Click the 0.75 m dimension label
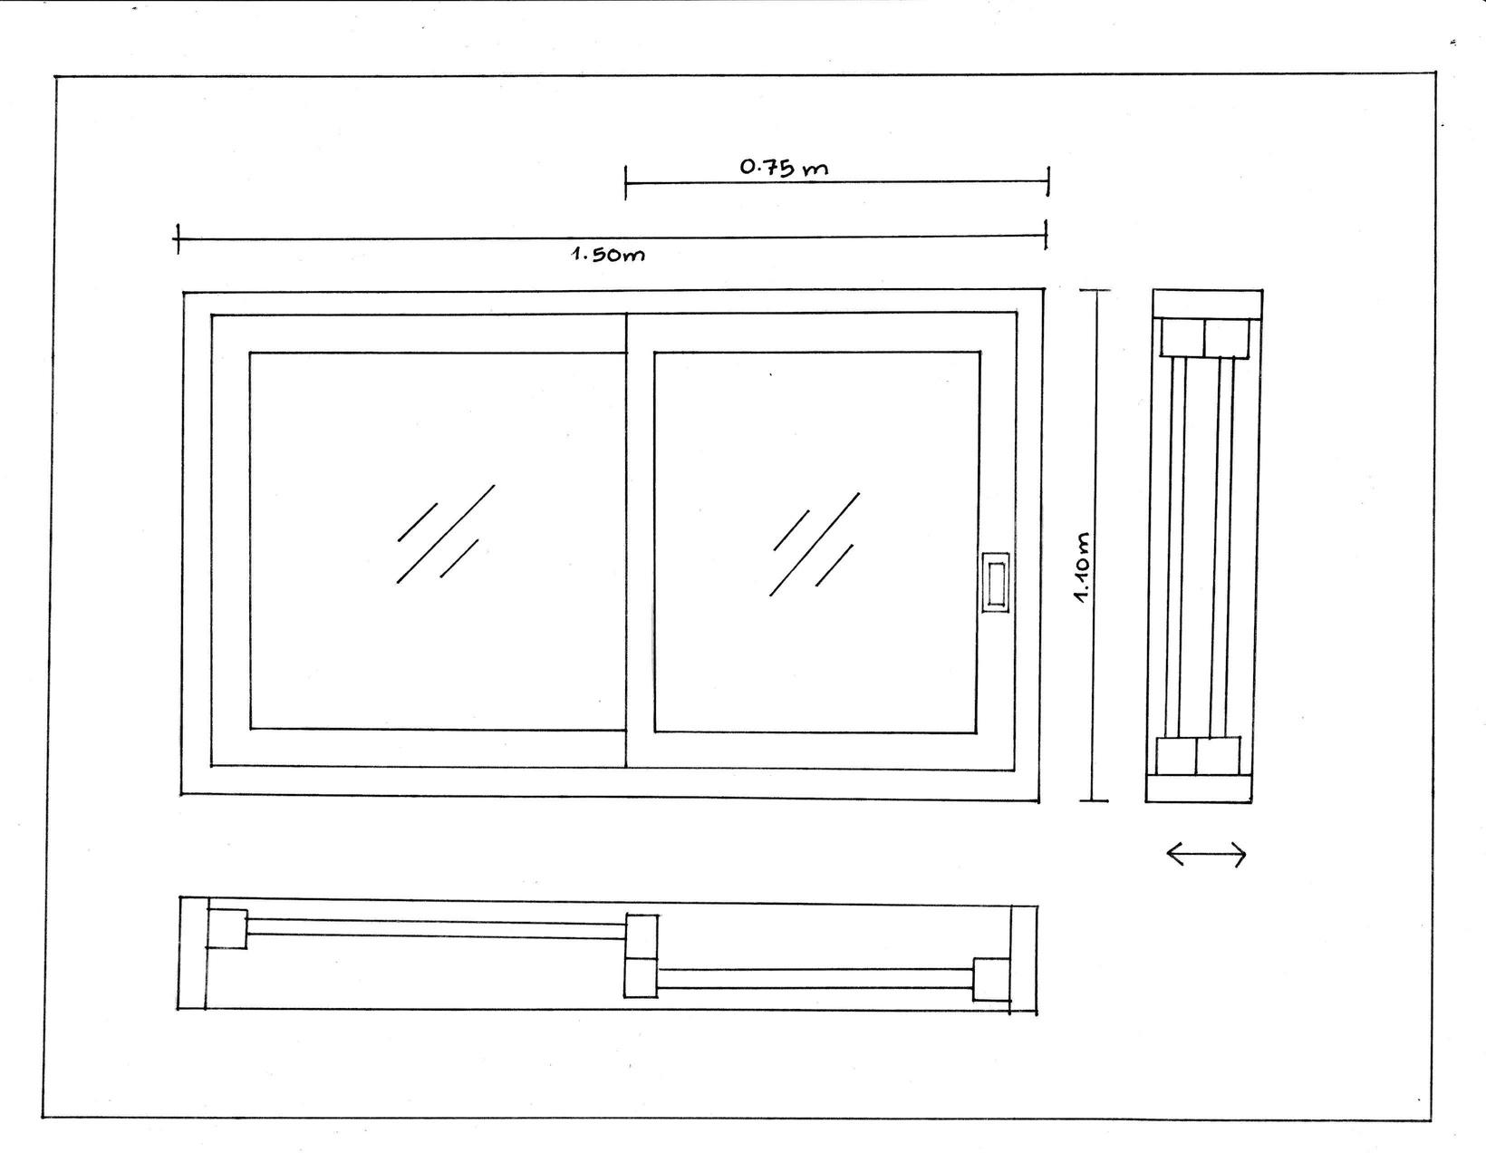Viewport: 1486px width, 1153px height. (x=784, y=167)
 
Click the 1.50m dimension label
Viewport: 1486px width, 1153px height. (x=608, y=254)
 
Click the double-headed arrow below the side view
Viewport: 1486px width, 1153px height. (x=1206, y=853)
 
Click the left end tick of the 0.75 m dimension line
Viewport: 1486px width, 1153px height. (x=625, y=182)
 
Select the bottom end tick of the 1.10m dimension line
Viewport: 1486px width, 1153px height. (x=1094, y=800)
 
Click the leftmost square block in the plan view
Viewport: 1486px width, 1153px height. (x=227, y=929)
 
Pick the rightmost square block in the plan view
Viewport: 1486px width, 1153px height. (x=991, y=979)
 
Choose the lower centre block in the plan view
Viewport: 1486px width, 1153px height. (x=641, y=978)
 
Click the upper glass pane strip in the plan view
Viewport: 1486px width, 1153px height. (x=436, y=927)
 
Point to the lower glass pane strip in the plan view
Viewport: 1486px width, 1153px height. (x=815, y=978)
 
